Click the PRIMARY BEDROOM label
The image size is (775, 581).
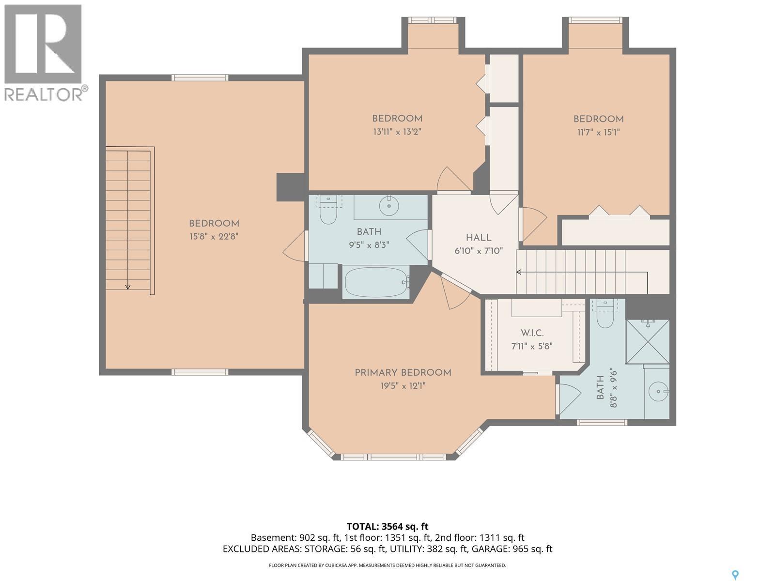click(x=403, y=372)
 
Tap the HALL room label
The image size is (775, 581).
click(x=479, y=237)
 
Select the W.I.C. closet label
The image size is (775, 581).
click(x=532, y=333)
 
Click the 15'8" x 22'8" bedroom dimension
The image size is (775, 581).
click(x=214, y=236)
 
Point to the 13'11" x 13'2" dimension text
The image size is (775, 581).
click(x=397, y=132)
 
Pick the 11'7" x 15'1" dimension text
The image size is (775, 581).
click(x=599, y=132)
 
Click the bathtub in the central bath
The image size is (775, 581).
click(x=377, y=282)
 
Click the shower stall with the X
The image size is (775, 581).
click(x=647, y=341)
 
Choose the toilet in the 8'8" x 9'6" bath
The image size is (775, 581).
click(x=605, y=313)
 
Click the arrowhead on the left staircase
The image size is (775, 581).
click(x=128, y=287)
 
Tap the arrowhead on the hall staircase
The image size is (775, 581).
click(x=519, y=272)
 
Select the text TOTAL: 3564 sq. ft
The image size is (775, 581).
click(x=387, y=526)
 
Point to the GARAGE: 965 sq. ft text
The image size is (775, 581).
click(x=512, y=549)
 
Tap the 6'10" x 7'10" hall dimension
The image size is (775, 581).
click(x=479, y=251)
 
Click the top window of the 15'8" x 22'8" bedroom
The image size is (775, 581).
click(x=200, y=77)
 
